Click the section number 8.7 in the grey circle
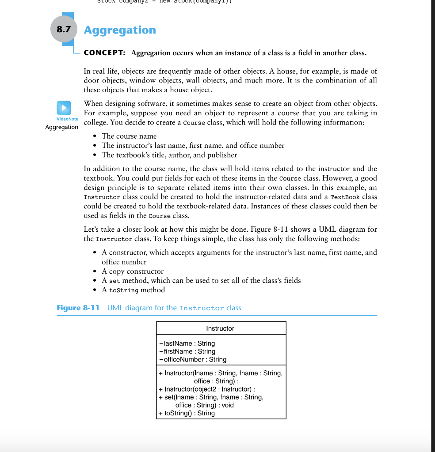[64, 30]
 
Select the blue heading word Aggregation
[120, 30]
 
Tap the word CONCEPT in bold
[104, 53]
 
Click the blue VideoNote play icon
[64, 108]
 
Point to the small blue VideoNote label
[67, 119]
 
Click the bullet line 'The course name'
[129, 136]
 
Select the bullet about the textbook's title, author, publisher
[169, 155]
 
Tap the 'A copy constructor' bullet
[133, 271]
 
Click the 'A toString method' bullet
[133, 290]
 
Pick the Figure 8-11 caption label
[78, 308]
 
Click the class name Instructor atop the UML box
[220, 328]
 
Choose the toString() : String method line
[189, 413]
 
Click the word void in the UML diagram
[228, 405]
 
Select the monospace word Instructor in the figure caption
[201, 308]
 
